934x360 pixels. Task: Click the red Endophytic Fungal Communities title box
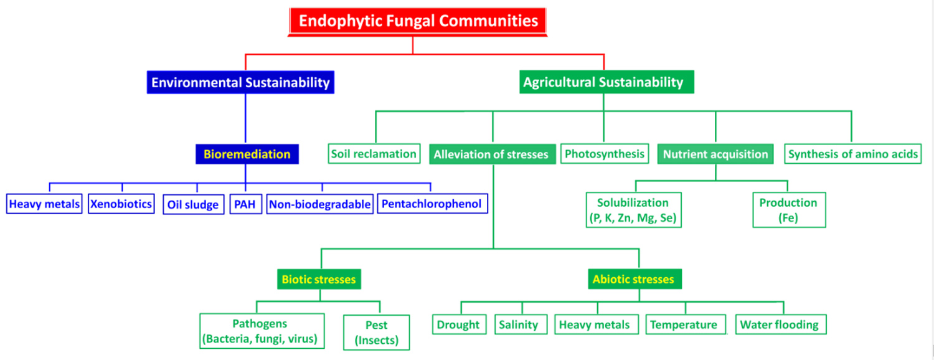point(418,21)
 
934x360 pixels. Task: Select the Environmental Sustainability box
point(240,82)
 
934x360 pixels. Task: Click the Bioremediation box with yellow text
point(247,154)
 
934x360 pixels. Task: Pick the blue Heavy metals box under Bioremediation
point(44,204)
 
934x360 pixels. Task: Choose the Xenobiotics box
point(121,204)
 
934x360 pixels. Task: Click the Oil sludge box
point(193,204)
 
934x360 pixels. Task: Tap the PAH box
point(245,204)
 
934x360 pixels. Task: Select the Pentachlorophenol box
point(432,204)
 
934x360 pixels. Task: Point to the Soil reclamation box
point(374,154)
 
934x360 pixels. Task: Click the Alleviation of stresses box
point(491,154)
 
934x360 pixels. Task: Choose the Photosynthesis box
point(604,153)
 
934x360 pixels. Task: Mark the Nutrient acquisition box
point(715,154)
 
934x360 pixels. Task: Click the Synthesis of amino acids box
point(852,154)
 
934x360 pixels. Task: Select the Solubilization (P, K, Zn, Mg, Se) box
point(633,210)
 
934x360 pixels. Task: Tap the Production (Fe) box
point(788,210)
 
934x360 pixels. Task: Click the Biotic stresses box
point(319,280)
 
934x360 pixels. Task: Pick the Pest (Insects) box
point(376,333)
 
